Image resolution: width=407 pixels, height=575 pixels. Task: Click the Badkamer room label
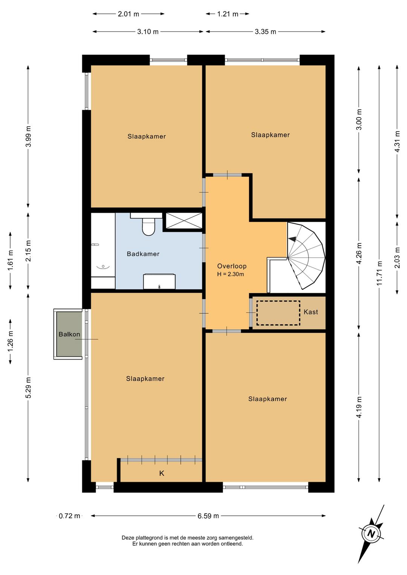coord(143,254)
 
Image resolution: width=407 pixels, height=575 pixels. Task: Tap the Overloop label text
coord(232,266)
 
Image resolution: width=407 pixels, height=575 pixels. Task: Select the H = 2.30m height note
coord(230,274)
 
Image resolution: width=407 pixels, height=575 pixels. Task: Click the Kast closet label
coord(311,312)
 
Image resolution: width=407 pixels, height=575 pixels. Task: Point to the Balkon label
coord(69,334)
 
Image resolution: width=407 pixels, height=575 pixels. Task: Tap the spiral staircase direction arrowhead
coord(292,239)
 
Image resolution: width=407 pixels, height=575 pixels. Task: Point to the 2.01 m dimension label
coord(129,14)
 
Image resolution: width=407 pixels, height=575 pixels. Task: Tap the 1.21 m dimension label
coord(228,14)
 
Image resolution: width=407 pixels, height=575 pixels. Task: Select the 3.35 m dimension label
coord(266,32)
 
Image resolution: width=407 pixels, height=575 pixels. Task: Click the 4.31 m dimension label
coord(398,141)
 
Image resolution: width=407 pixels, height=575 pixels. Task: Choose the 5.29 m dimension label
coord(29,387)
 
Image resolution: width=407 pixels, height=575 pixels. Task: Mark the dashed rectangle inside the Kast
coord(278,313)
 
